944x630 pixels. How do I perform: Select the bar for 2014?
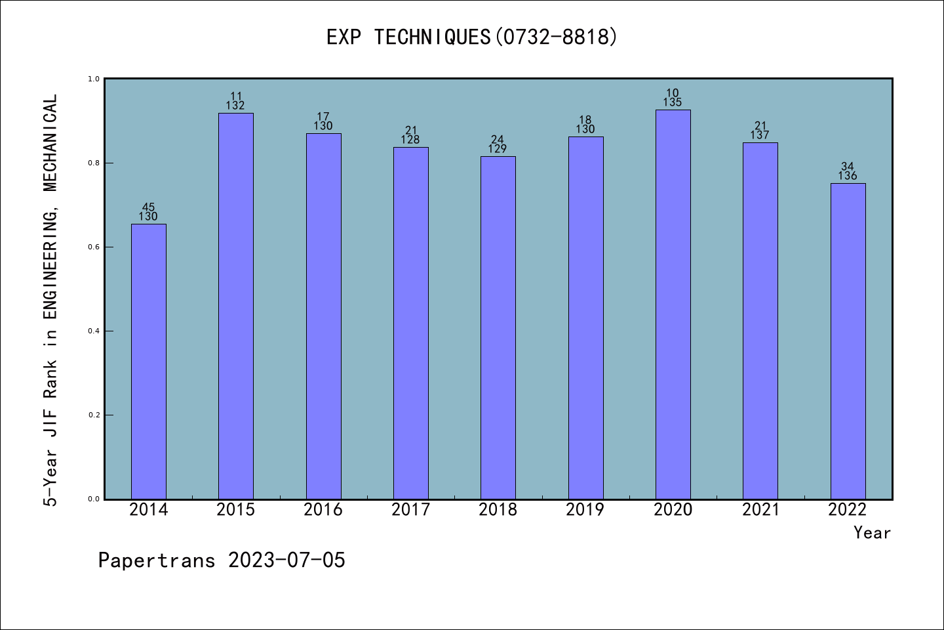(149, 361)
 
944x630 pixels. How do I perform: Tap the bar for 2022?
(848, 341)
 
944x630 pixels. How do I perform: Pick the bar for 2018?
(498, 327)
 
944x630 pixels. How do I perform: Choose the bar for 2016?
(323, 316)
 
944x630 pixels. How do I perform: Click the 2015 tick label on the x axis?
(236, 510)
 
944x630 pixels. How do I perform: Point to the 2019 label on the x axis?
(585, 510)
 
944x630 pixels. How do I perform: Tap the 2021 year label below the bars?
(760, 510)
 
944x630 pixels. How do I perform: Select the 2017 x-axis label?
(411, 510)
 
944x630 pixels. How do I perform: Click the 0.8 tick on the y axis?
(94, 163)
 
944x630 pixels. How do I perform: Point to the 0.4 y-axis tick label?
(94, 331)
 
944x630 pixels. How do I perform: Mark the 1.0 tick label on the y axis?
(94, 79)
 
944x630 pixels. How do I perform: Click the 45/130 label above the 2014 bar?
(148, 212)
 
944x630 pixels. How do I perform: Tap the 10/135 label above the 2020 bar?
(673, 98)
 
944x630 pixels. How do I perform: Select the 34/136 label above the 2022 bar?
(848, 171)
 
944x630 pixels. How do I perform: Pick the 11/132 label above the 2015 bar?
(236, 101)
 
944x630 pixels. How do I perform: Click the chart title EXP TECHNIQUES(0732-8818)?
(472, 37)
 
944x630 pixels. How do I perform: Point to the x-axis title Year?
(872, 533)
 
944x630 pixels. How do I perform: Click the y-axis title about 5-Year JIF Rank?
(51, 300)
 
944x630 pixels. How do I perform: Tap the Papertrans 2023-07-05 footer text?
(222, 560)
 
